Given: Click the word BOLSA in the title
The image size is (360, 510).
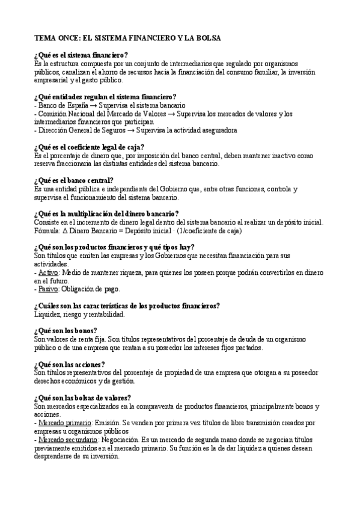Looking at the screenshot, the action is tap(207, 38).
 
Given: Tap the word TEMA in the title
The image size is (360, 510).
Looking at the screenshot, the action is tap(45, 38).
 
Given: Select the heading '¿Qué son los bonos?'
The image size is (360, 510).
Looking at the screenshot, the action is tap(66, 331).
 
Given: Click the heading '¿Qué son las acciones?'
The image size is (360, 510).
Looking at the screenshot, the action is tap(70, 364).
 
